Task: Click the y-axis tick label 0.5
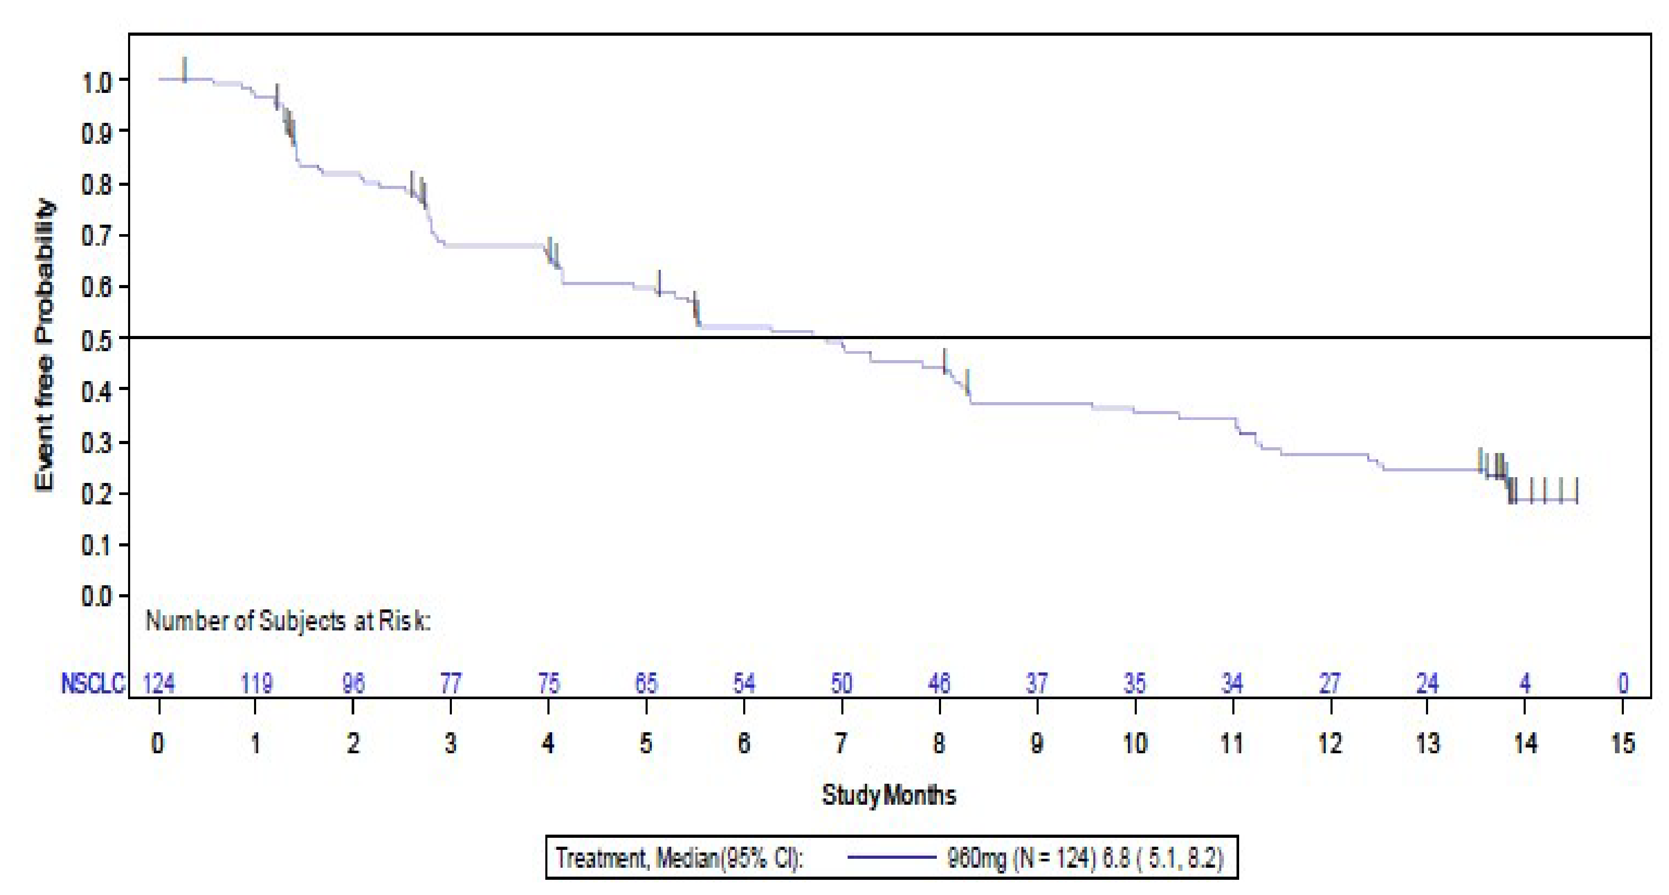pos(97,339)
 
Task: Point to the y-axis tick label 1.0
pos(97,82)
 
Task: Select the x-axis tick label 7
pos(840,743)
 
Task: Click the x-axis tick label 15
pos(1622,743)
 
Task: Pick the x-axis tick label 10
pos(1135,743)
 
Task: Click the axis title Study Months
pos(888,795)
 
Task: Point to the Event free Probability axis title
pos(45,344)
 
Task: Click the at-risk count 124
pos(159,683)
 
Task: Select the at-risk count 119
pos(257,683)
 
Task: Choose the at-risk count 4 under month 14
pos(1525,683)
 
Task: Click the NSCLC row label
pos(93,683)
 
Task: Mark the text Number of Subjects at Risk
pos(288,621)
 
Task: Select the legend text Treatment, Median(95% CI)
pos(680,858)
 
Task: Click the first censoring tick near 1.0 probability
pos(185,70)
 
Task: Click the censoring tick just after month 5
pos(659,283)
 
